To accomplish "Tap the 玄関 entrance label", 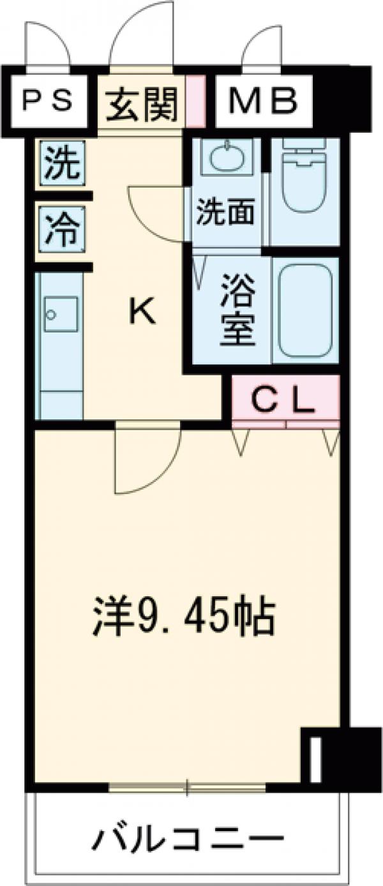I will [x=141, y=103].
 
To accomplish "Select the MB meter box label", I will [x=263, y=101].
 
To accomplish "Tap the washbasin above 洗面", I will [x=226, y=156].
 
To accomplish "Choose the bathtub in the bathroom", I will [x=304, y=310].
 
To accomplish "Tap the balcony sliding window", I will [x=187, y=787].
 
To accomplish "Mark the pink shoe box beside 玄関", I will [x=195, y=101].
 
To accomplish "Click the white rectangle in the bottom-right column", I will [x=315, y=759].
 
